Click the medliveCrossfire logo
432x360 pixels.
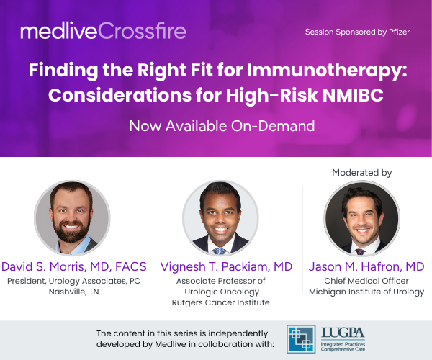tap(103, 30)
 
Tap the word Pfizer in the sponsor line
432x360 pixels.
tap(399, 32)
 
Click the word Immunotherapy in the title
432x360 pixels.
tap(327, 71)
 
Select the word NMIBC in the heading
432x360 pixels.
tap(353, 95)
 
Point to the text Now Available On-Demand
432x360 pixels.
tap(222, 126)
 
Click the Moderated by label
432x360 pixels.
tap(361, 173)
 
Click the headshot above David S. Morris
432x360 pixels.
tap(72, 218)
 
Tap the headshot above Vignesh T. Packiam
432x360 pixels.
tap(220, 218)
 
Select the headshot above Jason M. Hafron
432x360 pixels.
tap(361, 218)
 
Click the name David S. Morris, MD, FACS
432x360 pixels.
tap(74, 266)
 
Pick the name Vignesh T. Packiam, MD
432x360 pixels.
tap(226, 266)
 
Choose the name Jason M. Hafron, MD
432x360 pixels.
tap(366, 266)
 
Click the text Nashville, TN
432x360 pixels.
tap(74, 292)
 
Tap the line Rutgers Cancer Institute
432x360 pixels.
tap(221, 302)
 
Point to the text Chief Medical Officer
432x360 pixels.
tap(366, 281)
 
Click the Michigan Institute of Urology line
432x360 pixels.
tap(366, 292)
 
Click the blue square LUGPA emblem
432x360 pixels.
tap(301, 339)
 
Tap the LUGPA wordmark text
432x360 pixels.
tap(343, 333)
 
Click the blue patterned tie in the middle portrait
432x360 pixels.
tap(220, 251)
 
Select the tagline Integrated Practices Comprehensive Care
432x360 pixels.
tap(343, 347)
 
